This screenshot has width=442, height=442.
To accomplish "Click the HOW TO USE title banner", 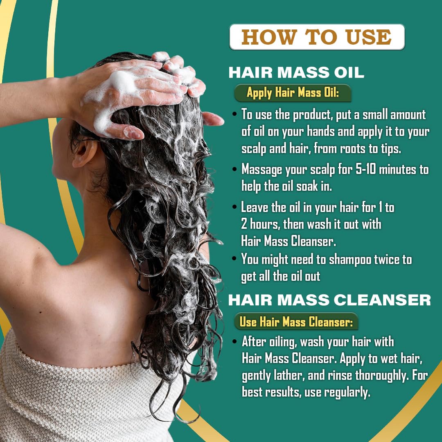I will (x=317, y=37).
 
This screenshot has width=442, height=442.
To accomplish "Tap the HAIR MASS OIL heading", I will (x=296, y=72).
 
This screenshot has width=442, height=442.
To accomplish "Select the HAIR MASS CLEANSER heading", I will (x=329, y=300).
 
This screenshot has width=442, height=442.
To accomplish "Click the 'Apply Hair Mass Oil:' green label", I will (x=293, y=93).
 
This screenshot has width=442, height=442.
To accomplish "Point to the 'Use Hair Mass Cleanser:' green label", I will (x=296, y=322).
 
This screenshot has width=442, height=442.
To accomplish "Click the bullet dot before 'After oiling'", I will (x=235, y=341).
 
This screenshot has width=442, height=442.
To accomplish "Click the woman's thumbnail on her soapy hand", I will (x=133, y=132).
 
